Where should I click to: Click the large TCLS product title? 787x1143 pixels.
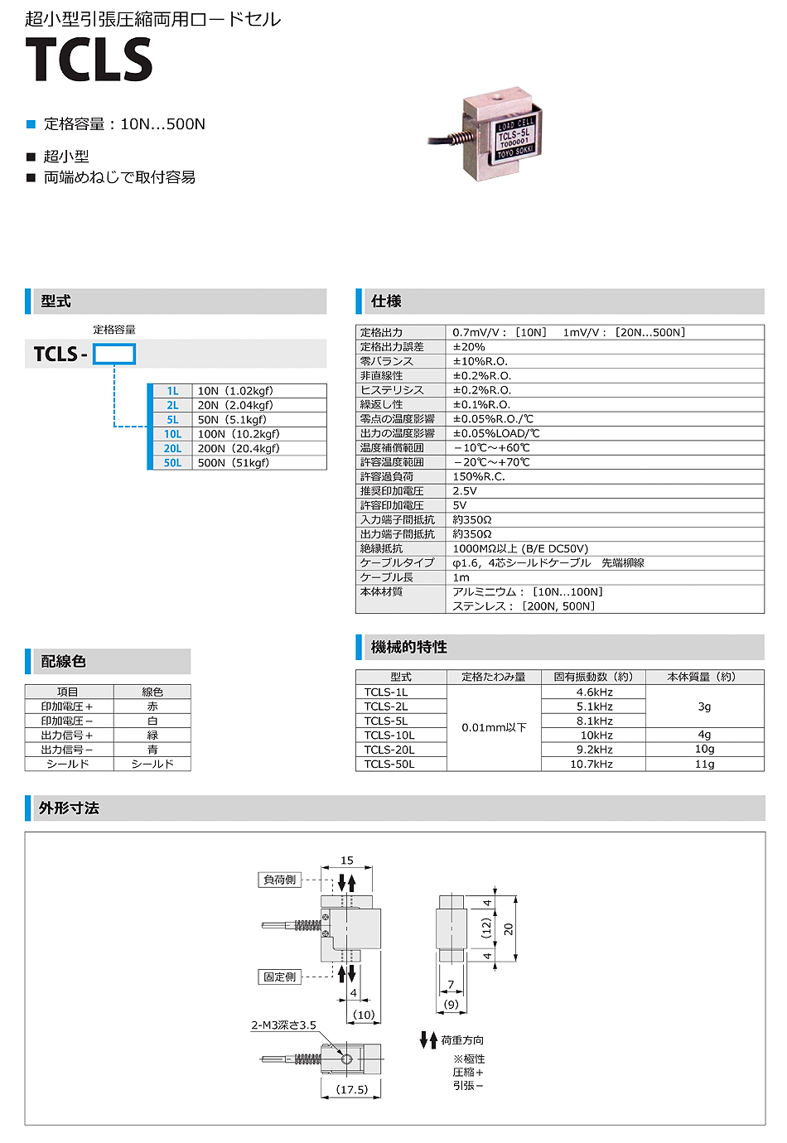point(89,60)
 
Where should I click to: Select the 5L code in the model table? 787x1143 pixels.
point(172,420)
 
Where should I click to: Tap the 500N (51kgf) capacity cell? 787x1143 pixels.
point(234,463)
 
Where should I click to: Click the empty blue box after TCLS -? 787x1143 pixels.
point(114,354)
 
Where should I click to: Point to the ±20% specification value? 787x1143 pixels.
point(469,347)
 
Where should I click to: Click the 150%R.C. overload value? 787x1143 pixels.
point(479,477)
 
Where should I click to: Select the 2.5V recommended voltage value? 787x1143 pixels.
point(465,491)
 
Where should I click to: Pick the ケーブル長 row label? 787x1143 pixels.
point(386,577)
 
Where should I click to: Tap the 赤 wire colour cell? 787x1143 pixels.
point(152,707)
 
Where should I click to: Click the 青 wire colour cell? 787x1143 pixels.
point(152,750)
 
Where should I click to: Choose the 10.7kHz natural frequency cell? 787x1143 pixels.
point(591,764)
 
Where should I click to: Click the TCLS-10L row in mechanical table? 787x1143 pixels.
point(389,735)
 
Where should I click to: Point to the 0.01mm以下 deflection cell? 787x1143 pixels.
point(494,728)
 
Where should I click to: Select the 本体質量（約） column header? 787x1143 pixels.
point(704,677)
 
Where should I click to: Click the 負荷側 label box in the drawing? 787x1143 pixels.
point(279,880)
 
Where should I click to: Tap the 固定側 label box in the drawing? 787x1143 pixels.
point(279,977)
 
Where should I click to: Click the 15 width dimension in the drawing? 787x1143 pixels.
point(347,861)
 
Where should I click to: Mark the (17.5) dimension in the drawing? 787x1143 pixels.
point(352,1090)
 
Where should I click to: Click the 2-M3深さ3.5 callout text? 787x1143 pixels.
point(284,1025)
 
